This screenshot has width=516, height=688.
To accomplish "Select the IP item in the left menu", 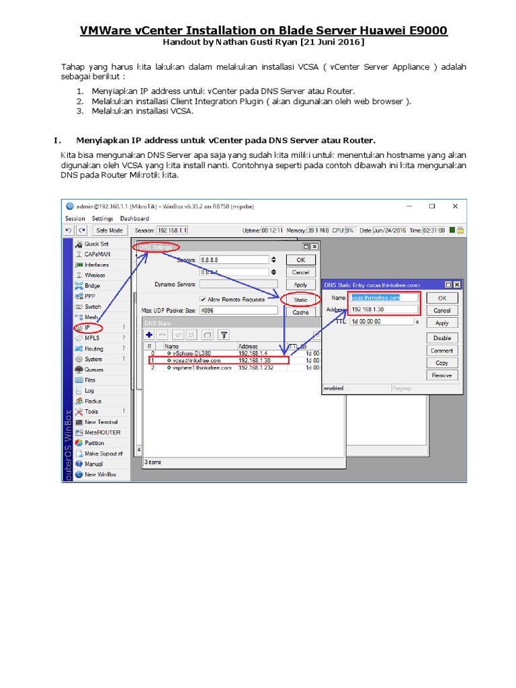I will pyautogui.click(x=87, y=327).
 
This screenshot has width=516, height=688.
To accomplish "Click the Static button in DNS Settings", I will pyautogui.click(x=300, y=300).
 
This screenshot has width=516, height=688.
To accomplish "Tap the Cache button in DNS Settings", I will pyautogui.click(x=300, y=312).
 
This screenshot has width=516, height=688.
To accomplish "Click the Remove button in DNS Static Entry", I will pyautogui.click(x=441, y=376).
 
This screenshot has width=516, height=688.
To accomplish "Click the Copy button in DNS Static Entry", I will pyautogui.click(x=441, y=363).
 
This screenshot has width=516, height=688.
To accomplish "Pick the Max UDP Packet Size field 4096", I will pyautogui.click(x=237, y=311).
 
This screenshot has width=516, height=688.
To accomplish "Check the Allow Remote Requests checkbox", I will pyautogui.click(x=203, y=299).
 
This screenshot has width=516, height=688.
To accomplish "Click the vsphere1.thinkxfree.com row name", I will pyautogui.click(x=202, y=368).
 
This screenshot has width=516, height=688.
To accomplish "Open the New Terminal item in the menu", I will pyautogui.click(x=101, y=422).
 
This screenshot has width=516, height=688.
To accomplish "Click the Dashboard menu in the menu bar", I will pyautogui.click(x=134, y=218).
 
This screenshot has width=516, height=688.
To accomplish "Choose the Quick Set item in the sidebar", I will pyautogui.click(x=96, y=244).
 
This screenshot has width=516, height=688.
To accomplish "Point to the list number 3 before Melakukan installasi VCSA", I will pyautogui.click(x=79, y=112).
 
